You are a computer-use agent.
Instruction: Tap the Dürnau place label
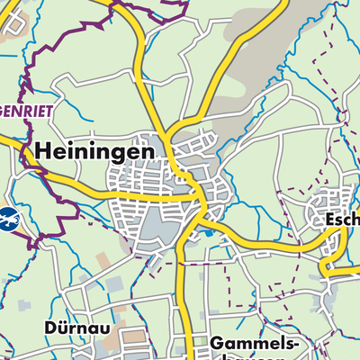pos(76,328)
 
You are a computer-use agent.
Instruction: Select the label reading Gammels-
pos(251,344)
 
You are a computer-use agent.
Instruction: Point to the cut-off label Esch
pos(343,219)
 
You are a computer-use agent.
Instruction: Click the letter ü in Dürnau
pos(64,328)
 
